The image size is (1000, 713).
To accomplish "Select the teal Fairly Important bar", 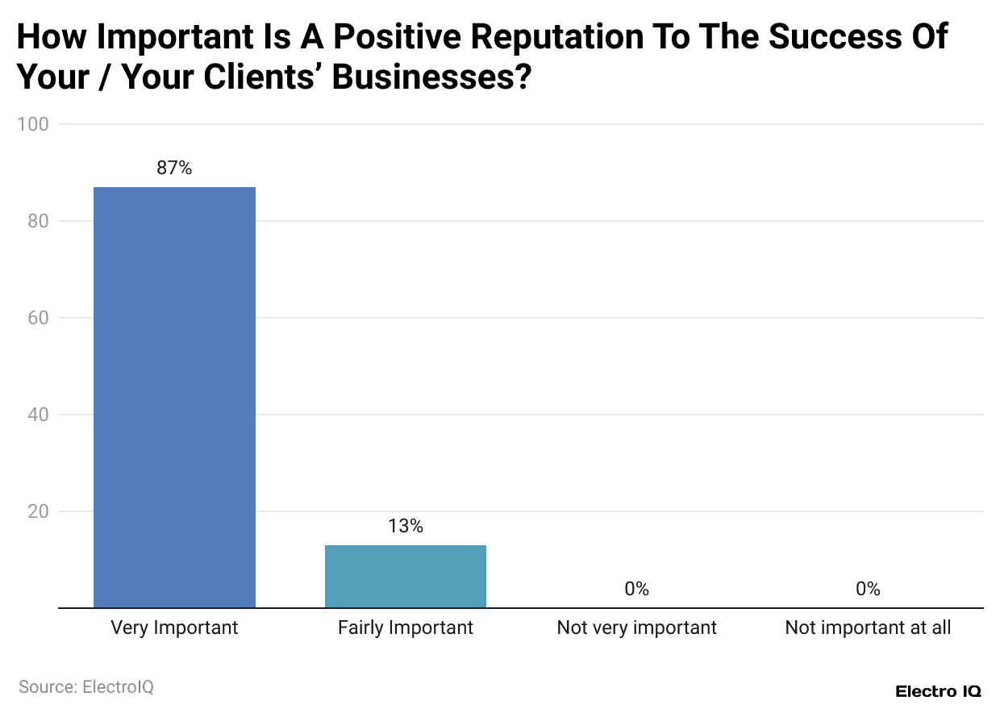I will [405, 576].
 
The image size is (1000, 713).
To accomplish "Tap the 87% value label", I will [174, 169].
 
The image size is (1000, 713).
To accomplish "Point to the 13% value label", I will [405, 527].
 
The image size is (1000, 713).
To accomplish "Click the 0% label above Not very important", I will [636, 589].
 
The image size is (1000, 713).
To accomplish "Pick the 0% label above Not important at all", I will [868, 589].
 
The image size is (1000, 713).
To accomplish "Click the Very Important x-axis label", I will [174, 628].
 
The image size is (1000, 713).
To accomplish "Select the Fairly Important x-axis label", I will [405, 628].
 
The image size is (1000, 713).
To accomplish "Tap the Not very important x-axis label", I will [636, 628].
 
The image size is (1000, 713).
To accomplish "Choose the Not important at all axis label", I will [868, 628].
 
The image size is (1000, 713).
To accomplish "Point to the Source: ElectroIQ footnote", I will [86, 687].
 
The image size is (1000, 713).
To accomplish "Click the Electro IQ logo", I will [938, 691].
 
